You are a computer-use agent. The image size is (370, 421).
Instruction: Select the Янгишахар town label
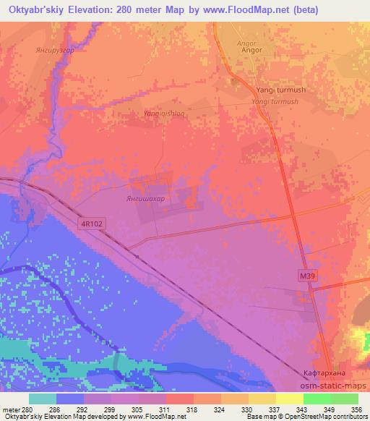point(137,197)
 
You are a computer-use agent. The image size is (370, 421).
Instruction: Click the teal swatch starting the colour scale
point(42,399)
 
